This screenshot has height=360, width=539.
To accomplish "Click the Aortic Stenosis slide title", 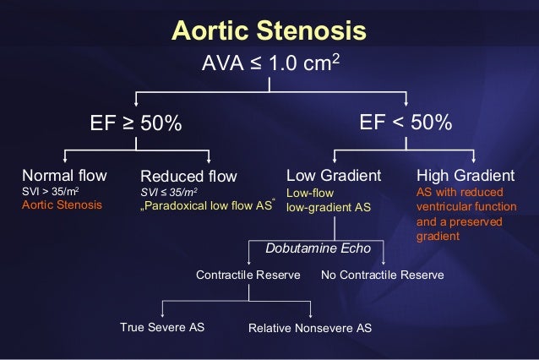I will click(269, 31).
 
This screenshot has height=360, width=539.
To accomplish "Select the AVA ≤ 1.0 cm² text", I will click(269, 64).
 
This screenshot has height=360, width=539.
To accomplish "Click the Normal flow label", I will click(64, 176).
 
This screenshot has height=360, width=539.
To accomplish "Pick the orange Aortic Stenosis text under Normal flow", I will click(62, 205).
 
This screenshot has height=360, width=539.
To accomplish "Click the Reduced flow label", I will click(188, 177).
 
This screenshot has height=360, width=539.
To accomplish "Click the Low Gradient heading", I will click(334, 176).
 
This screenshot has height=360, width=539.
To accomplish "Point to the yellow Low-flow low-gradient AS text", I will click(329, 199).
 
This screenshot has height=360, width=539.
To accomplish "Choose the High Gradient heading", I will click(465, 176).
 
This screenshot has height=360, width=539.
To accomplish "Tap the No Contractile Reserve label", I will click(383, 275).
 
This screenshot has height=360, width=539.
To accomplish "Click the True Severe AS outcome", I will click(162, 326).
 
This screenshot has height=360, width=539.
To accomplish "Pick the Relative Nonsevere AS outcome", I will click(309, 327).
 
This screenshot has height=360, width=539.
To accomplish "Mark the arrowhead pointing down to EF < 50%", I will click(406, 101).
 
